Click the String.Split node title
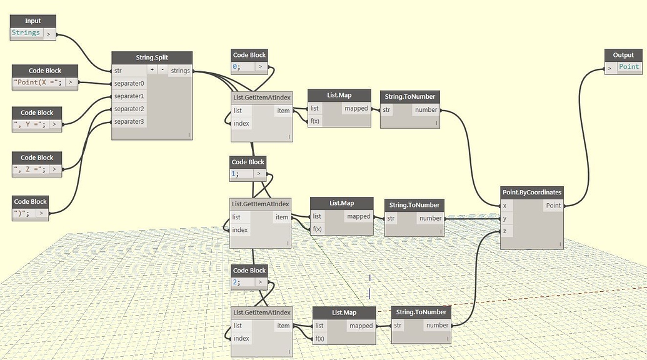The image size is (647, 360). [x=152, y=57]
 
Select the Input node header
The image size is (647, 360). [x=33, y=21]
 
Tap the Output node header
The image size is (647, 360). [x=623, y=55]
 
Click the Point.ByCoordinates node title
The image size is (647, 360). [x=532, y=192]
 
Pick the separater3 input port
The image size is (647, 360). [x=129, y=121]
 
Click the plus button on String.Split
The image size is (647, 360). [x=152, y=71]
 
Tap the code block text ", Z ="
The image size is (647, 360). [x=30, y=169]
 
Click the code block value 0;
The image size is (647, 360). [x=238, y=66]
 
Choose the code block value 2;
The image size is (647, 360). [x=236, y=282]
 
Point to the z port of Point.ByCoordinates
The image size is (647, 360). [x=505, y=231]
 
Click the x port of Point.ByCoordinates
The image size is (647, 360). [x=505, y=206]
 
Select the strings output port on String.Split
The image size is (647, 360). [x=180, y=71]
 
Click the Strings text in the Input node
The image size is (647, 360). [x=26, y=33]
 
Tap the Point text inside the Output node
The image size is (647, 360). [x=629, y=67]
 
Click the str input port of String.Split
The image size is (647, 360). [x=118, y=71]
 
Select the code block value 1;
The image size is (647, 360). [x=236, y=174]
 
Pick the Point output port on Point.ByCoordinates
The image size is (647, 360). [x=553, y=206]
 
